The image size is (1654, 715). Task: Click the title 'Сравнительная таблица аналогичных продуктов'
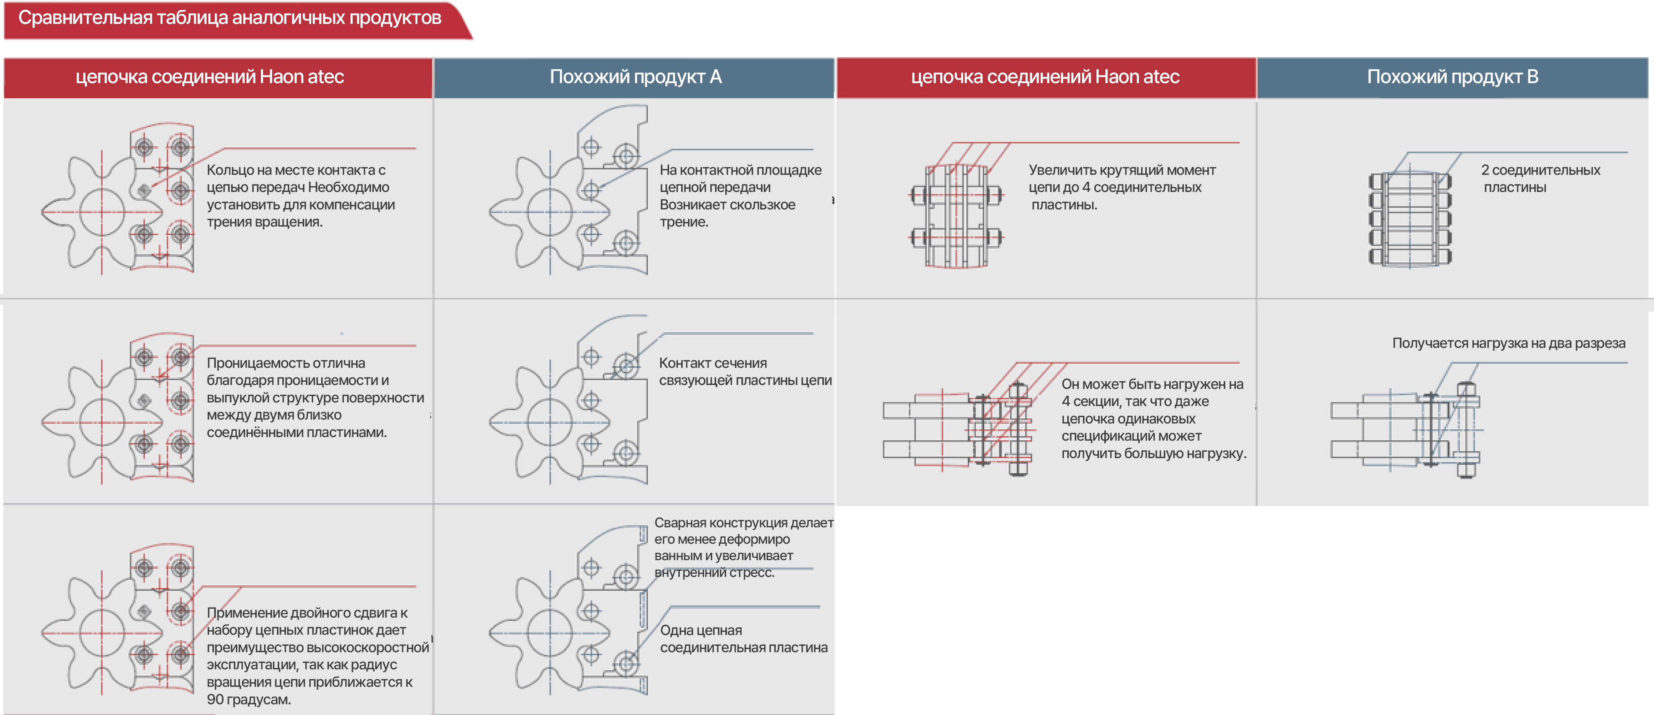tap(229, 18)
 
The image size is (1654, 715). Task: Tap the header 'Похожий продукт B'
tap(1452, 77)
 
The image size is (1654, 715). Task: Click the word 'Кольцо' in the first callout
tap(228, 170)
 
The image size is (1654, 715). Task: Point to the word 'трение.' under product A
tap(684, 222)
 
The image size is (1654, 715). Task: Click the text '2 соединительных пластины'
tap(1540, 179)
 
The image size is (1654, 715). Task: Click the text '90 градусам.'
tap(248, 700)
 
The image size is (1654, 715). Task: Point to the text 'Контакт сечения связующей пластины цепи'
tap(745, 372)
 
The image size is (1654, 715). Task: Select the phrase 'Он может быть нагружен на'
tap(1152, 384)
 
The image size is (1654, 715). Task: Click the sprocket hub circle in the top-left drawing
tap(102, 211)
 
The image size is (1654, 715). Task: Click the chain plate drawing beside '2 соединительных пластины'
tap(1409, 218)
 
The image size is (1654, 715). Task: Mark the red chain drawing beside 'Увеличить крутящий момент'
tap(957, 215)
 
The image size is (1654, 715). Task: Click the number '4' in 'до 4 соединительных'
tap(1086, 188)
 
